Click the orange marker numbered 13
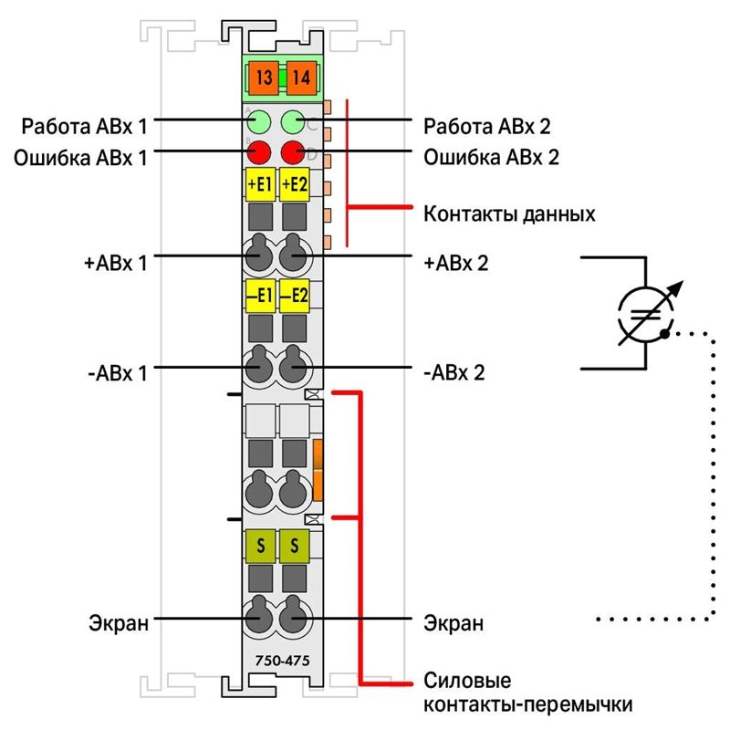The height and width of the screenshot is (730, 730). click(x=263, y=78)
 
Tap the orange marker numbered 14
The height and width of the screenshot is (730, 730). click(x=301, y=78)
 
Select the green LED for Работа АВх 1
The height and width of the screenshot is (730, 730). click(x=258, y=122)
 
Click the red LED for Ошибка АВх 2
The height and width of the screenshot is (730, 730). click(x=293, y=152)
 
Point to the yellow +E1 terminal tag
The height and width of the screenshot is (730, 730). click(x=260, y=184)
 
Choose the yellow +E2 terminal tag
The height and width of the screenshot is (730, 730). click(x=294, y=184)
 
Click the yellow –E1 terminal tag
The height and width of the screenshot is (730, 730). click(x=260, y=296)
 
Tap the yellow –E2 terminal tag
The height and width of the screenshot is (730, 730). click(x=294, y=296)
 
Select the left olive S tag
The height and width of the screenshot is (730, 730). click(x=260, y=546)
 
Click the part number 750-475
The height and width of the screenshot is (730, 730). click(x=282, y=661)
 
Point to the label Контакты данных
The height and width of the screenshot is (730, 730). click(x=509, y=214)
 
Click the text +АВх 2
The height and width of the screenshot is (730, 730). click(x=455, y=264)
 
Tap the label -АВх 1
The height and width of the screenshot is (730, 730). click(x=118, y=373)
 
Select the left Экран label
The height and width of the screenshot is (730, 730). click(x=119, y=623)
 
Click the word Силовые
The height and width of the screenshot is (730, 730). click(x=467, y=681)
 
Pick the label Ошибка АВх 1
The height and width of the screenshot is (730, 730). click(x=80, y=158)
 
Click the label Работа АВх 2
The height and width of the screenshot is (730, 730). click(x=487, y=126)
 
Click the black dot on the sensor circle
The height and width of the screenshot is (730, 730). click(x=665, y=334)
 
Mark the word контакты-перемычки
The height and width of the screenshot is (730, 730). click(x=528, y=704)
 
